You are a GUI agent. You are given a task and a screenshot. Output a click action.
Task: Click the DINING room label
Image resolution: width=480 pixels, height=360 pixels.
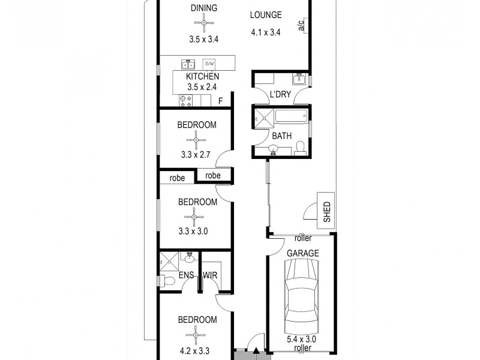204,8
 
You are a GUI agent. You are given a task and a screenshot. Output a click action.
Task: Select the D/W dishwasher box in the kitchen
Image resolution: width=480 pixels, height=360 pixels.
209,64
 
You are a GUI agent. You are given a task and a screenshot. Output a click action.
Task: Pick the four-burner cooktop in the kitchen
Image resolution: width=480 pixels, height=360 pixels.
185,101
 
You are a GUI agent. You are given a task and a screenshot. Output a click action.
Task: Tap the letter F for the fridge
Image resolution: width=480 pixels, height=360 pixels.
221,101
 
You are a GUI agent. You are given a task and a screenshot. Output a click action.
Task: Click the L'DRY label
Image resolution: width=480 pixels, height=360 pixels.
281,95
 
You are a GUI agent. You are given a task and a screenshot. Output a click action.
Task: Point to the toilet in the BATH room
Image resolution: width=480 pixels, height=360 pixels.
302,148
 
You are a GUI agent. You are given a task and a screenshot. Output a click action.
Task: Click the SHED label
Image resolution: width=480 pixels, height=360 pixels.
327,212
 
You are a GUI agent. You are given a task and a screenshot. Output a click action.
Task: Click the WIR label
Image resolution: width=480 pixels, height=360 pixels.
211,276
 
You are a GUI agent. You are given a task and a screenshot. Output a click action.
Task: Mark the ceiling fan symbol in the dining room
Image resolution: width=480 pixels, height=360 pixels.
204,23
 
